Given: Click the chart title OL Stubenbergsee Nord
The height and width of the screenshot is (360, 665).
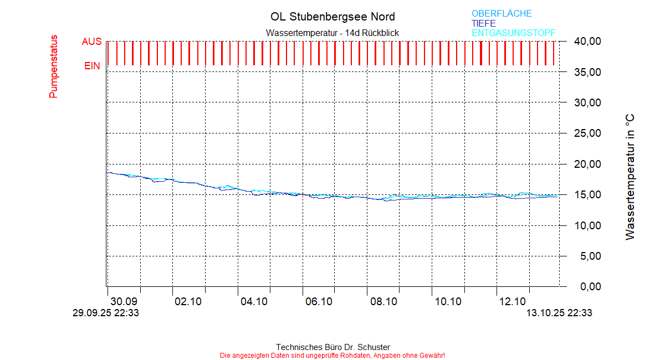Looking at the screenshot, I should pos(332,17).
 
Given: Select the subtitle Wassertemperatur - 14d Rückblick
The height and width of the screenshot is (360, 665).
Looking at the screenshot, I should pos(332,33).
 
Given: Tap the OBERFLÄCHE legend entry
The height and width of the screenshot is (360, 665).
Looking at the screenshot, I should pos(502,13).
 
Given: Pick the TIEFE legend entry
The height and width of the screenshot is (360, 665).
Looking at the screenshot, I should pos(484,23).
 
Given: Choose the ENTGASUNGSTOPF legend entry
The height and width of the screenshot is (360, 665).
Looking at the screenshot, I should pos(513,33).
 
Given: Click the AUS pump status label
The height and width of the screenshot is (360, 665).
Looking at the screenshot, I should pos(91,42).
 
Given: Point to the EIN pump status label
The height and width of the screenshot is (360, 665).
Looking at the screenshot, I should pos(92,66).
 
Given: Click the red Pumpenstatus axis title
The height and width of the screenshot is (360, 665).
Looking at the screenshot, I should pos(53,67).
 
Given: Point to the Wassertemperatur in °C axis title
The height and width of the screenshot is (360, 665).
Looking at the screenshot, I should pos(630,177).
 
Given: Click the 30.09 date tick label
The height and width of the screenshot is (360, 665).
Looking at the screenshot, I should pos(124,302).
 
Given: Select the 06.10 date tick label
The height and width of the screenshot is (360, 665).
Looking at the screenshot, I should pos(318,302).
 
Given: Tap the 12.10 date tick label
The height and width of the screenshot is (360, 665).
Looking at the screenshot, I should pos(513,302).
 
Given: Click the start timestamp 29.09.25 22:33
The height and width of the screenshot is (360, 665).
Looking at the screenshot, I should pos(106,313).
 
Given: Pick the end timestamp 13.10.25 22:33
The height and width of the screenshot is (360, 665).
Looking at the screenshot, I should pos(559,313).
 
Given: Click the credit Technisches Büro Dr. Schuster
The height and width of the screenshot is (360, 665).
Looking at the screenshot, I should pos(332,347).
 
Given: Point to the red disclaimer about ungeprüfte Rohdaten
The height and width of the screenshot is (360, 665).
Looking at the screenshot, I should pos(332,355).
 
